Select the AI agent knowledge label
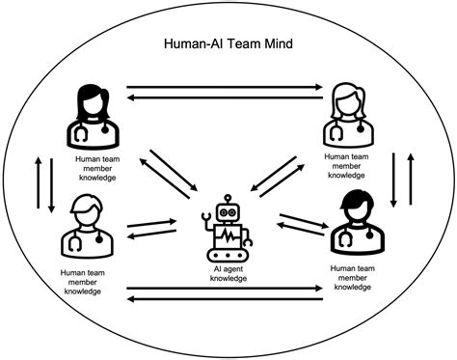228,273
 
